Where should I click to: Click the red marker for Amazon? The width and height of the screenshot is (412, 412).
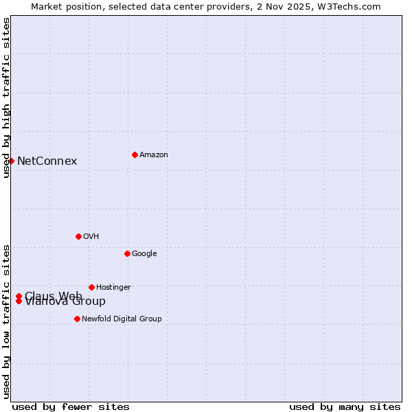(x=135, y=154)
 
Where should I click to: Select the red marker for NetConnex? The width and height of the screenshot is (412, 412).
(x=12, y=161)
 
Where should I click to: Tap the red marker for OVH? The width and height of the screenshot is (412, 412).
(x=78, y=236)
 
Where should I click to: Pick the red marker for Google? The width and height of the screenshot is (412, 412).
(x=127, y=253)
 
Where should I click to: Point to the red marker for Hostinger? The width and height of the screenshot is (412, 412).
(x=91, y=287)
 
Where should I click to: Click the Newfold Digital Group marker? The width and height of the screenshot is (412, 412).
(x=77, y=319)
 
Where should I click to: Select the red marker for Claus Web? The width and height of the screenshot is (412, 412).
(x=19, y=296)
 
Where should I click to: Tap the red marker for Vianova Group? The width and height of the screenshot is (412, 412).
(x=19, y=301)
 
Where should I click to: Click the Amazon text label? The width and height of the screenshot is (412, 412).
(x=154, y=155)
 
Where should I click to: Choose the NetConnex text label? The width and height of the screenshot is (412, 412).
(x=47, y=161)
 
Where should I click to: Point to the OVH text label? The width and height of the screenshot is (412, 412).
(x=91, y=237)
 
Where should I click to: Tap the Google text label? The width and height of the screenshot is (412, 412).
(x=144, y=254)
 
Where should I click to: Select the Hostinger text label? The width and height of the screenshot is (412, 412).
(x=113, y=288)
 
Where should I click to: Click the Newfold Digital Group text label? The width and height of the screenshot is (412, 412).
(x=122, y=319)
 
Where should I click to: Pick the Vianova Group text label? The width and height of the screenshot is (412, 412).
(x=65, y=302)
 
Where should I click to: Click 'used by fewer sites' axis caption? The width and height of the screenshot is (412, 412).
(x=71, y=407)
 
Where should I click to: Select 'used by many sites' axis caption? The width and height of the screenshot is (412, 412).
(x=345, y=407)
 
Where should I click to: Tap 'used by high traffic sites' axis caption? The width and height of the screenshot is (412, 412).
(x=7, y=98)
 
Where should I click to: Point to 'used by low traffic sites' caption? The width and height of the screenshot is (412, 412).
(x=7, y=321)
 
